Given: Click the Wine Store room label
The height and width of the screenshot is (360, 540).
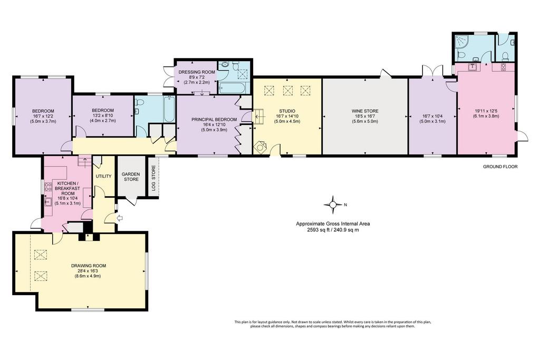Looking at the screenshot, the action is (365, 111).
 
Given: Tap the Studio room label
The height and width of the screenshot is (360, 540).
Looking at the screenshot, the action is (287, 111).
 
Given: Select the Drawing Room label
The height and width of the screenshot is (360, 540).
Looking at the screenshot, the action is (89, 266).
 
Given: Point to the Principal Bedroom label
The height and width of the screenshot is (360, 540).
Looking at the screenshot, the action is (214, 120).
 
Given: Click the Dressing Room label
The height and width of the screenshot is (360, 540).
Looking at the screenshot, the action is (196, 72).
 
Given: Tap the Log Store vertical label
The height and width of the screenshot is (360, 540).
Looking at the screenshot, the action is (153, 178).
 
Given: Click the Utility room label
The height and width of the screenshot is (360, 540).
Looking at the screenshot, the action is (103, 176).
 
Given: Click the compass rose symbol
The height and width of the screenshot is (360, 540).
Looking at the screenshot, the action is (333, 205).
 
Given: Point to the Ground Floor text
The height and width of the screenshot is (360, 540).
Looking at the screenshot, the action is (500, 167).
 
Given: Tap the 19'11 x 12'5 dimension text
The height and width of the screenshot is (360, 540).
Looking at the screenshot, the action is (486, 111).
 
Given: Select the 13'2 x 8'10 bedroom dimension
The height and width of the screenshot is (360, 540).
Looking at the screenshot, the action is (103, 115).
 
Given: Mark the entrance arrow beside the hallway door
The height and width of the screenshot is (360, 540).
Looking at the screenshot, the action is (120, 218).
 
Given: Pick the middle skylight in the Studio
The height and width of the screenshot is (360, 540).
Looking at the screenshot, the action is (287, 91).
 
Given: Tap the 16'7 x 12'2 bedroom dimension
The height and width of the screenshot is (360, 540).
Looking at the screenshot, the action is (43, 116).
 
